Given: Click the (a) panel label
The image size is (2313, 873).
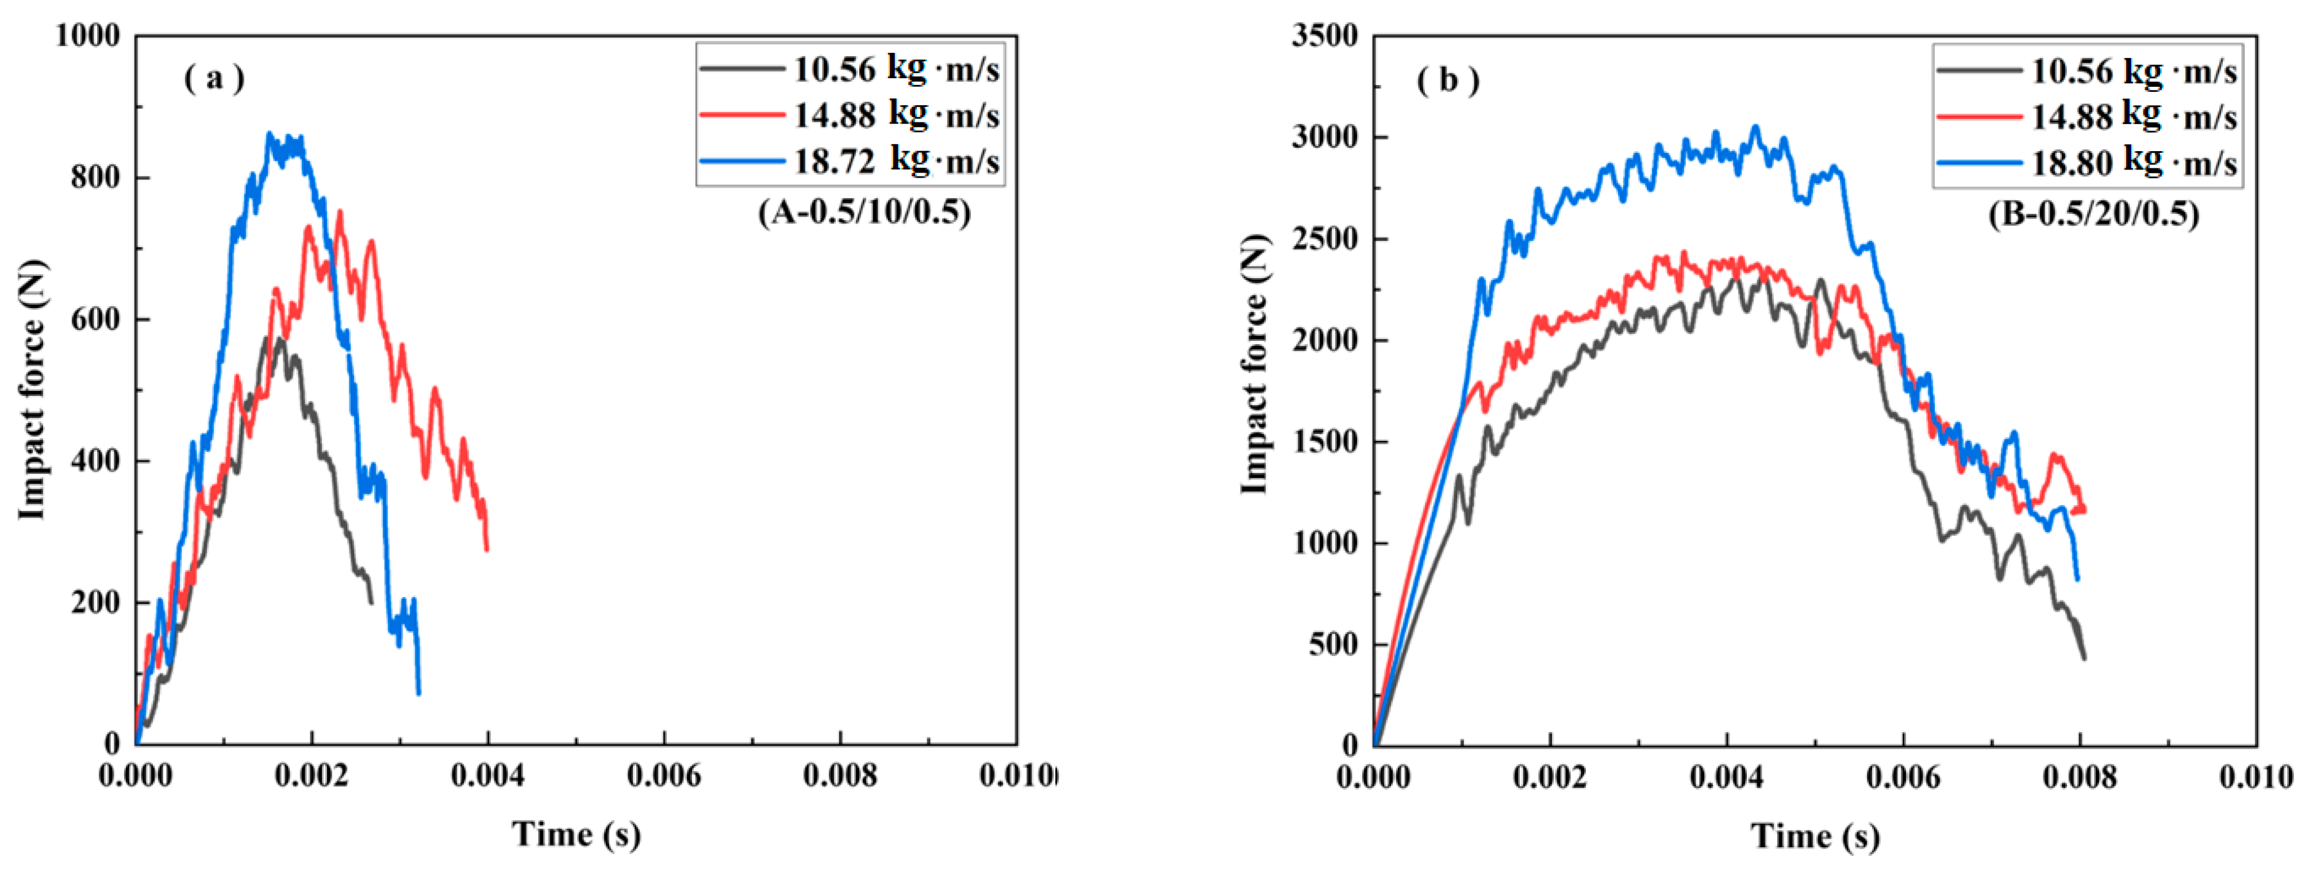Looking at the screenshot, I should pos(214,79).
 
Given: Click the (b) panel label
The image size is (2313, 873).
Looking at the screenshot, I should pos(1447,81).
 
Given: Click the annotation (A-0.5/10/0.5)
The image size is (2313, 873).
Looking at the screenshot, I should pos(864,213).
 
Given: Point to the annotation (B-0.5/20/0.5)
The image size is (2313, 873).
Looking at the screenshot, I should pos(2093,214).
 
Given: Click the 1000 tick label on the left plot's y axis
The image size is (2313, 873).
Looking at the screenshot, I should pos(87,36).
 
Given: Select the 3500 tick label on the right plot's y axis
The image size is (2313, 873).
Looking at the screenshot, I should pos(1324,36).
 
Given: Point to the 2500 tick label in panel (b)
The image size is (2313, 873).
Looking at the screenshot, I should pos(1324,239).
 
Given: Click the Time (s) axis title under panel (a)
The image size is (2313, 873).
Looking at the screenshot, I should pos(577,834).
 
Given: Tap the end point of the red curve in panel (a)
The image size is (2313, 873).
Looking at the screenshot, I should pos(487,549).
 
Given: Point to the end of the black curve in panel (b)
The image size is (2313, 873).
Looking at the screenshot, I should pos(2084,659).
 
